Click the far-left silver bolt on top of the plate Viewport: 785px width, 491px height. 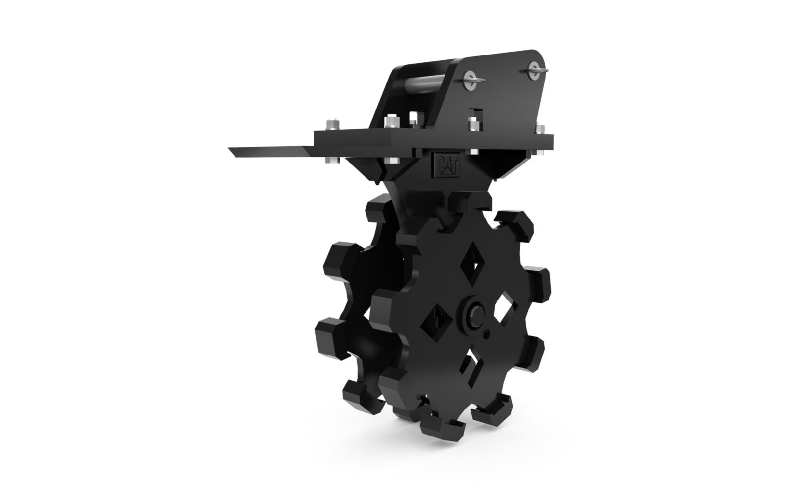pos(332,125)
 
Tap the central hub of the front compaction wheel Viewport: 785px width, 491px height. pos(476,313)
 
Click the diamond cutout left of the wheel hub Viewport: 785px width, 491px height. pos(436,321)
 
